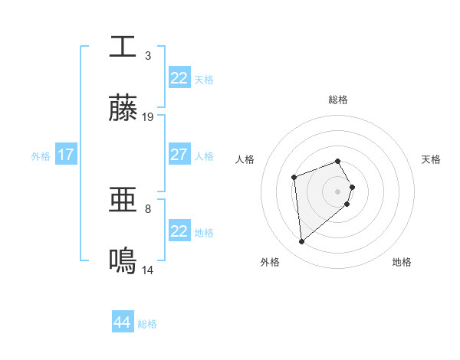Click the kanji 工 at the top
pyautogui.click(x=123, y=47)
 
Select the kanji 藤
pyautogui.click(x=123, y=109)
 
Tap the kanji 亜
pyautogui.click(x=123, y=201)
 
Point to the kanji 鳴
pyautogui.click(x=123, y=262)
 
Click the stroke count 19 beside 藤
pyautogui.click(x=148, y=117)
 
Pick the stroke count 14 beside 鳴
pyautogui.click(x=148, y=270)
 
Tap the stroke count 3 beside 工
pyautogui.click(x=148, y=55)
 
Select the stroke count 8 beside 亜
pyautogui.click(x=148, y=208)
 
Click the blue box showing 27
pyautogui.click(x=179, y=155)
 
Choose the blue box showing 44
pyautogui.click(x=122, y=322)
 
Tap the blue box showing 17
pyautogui.click(x=65, y=155)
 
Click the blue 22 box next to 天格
pyautogui.click(x=179, y=78)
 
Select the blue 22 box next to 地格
pyautogui.click(x=179, y=231)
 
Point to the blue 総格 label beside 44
pyautogui.click(x=147, y=324)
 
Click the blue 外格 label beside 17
pyautogui.click(x=41, y=156)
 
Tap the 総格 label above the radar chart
pyautogui.click(x=337, y=100)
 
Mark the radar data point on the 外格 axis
pyautogui.click(x=301, y=242)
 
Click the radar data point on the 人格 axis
pyautogui.click(x=294, y=178)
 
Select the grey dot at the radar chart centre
pyautogui.click(x=337, y=191)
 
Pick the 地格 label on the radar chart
pyautogui.click(x=402, y=262)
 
